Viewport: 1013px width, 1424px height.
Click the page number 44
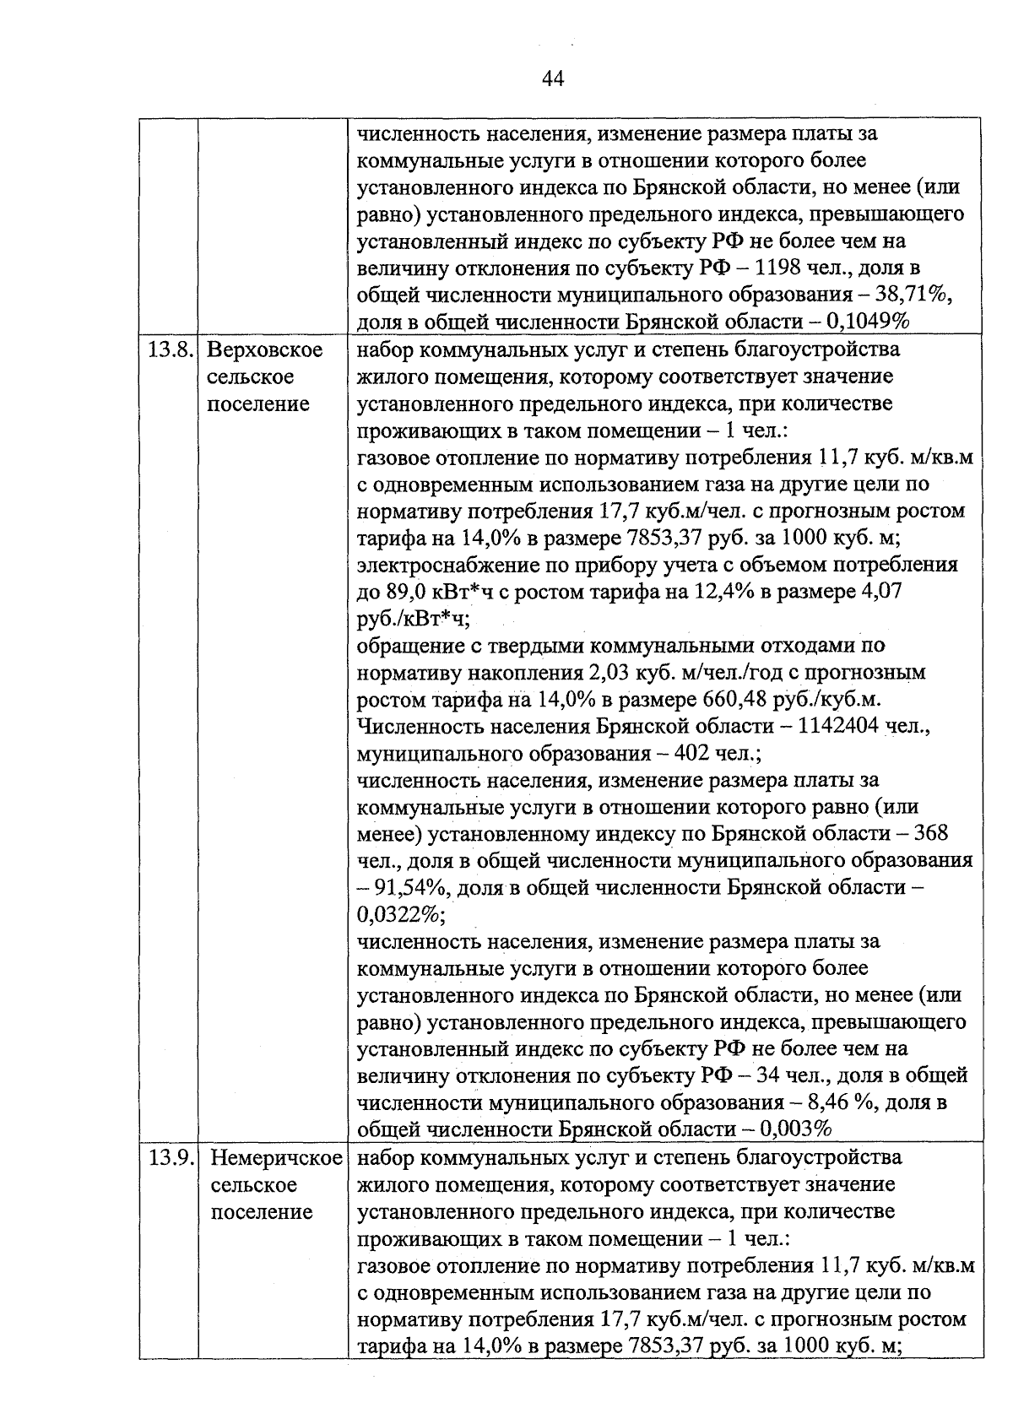click(x=552, y=79)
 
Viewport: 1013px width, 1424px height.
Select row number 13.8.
click(x=169, y=350)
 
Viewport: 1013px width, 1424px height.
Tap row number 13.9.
click(x=169, y=1158)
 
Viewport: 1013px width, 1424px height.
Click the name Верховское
click(x=264, y=350)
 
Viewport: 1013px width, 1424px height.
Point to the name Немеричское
click(x=277, y=1158)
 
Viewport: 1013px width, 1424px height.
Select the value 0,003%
click(x=797, y=1130)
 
